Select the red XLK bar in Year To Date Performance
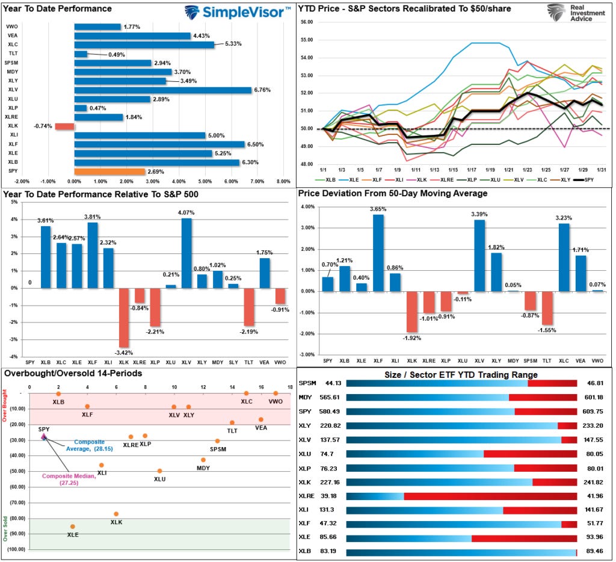[x=64, y=126]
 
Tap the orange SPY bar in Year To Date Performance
[x=109, y=172]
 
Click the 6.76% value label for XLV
[x=262, y=90]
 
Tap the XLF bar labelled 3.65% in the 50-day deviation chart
[x=378, y=253]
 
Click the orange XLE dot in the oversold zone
[x=73, y=526]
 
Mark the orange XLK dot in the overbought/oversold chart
[x=116, y=514]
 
